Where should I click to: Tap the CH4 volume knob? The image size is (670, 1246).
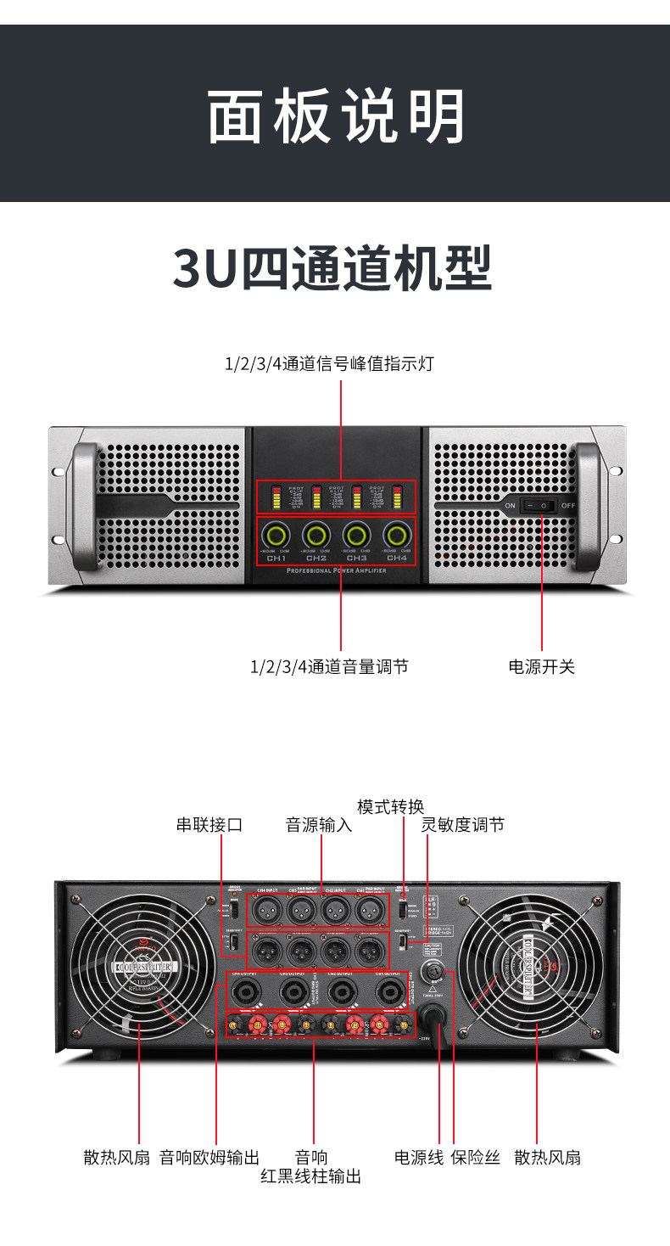pos(396,535)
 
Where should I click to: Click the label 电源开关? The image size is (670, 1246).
pos(541,667)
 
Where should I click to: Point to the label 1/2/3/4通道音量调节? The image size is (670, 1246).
pos(329,667)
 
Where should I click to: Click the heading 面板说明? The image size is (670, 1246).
pos(336,116)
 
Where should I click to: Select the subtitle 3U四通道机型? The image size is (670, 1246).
pos(332,268)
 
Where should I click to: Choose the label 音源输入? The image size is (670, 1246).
pos(319,824)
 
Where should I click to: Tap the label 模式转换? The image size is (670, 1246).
pos(390,806)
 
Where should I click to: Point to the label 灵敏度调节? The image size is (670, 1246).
pos(463,824)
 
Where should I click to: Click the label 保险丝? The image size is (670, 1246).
pos(476,1157)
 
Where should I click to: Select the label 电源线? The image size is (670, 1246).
pos(419,1157)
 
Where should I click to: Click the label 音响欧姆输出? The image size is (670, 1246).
pos(209,1157)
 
